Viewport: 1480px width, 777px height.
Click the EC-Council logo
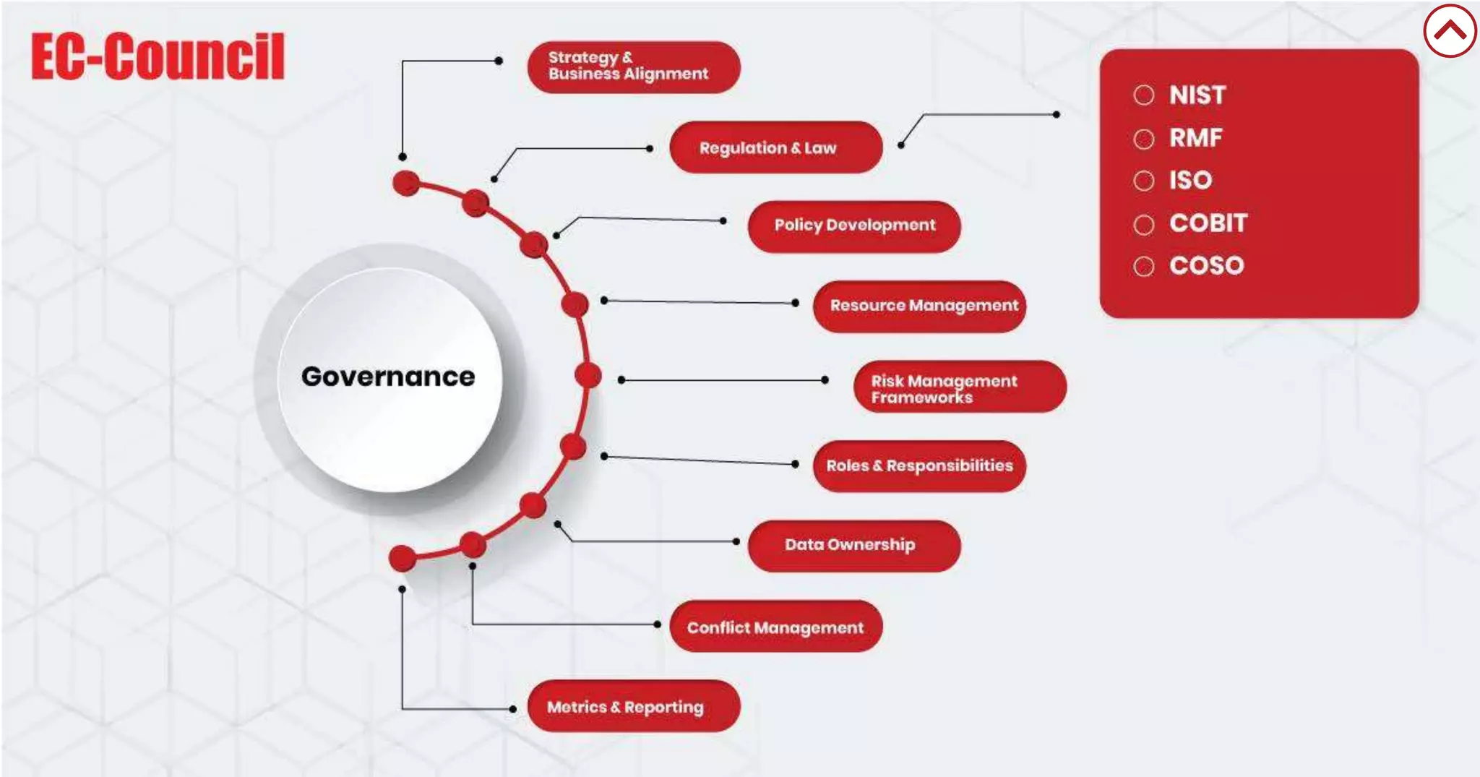[x=158, y=56]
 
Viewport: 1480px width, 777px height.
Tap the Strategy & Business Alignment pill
[x=633, y=66]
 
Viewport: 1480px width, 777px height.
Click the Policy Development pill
[x=853, y=226]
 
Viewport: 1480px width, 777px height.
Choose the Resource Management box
[x=919, y=306]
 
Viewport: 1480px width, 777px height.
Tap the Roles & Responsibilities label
[x=919, y=466]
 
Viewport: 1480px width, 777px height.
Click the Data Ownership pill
[x=853, y=546]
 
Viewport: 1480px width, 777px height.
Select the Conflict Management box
[x=775, y=627]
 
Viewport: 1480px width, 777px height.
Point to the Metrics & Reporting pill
[x=633, y=706]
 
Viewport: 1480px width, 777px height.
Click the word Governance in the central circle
[x=388, y=377]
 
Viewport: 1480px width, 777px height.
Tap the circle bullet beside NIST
[x=1143, y=95]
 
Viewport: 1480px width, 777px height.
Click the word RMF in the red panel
[x=1196, y=137]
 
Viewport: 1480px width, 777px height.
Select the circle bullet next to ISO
[x=1143, y=180]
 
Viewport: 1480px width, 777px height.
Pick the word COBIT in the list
[x=1208, y=223]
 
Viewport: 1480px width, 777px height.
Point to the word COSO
[x=1206, y=265]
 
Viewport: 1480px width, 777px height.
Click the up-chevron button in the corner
[x=1450, y=30]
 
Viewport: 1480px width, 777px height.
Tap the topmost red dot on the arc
[x=406, y=183]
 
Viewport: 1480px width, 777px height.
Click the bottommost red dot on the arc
[x=403, y=558]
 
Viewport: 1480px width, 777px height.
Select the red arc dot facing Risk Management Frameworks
[x=588, y=375]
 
